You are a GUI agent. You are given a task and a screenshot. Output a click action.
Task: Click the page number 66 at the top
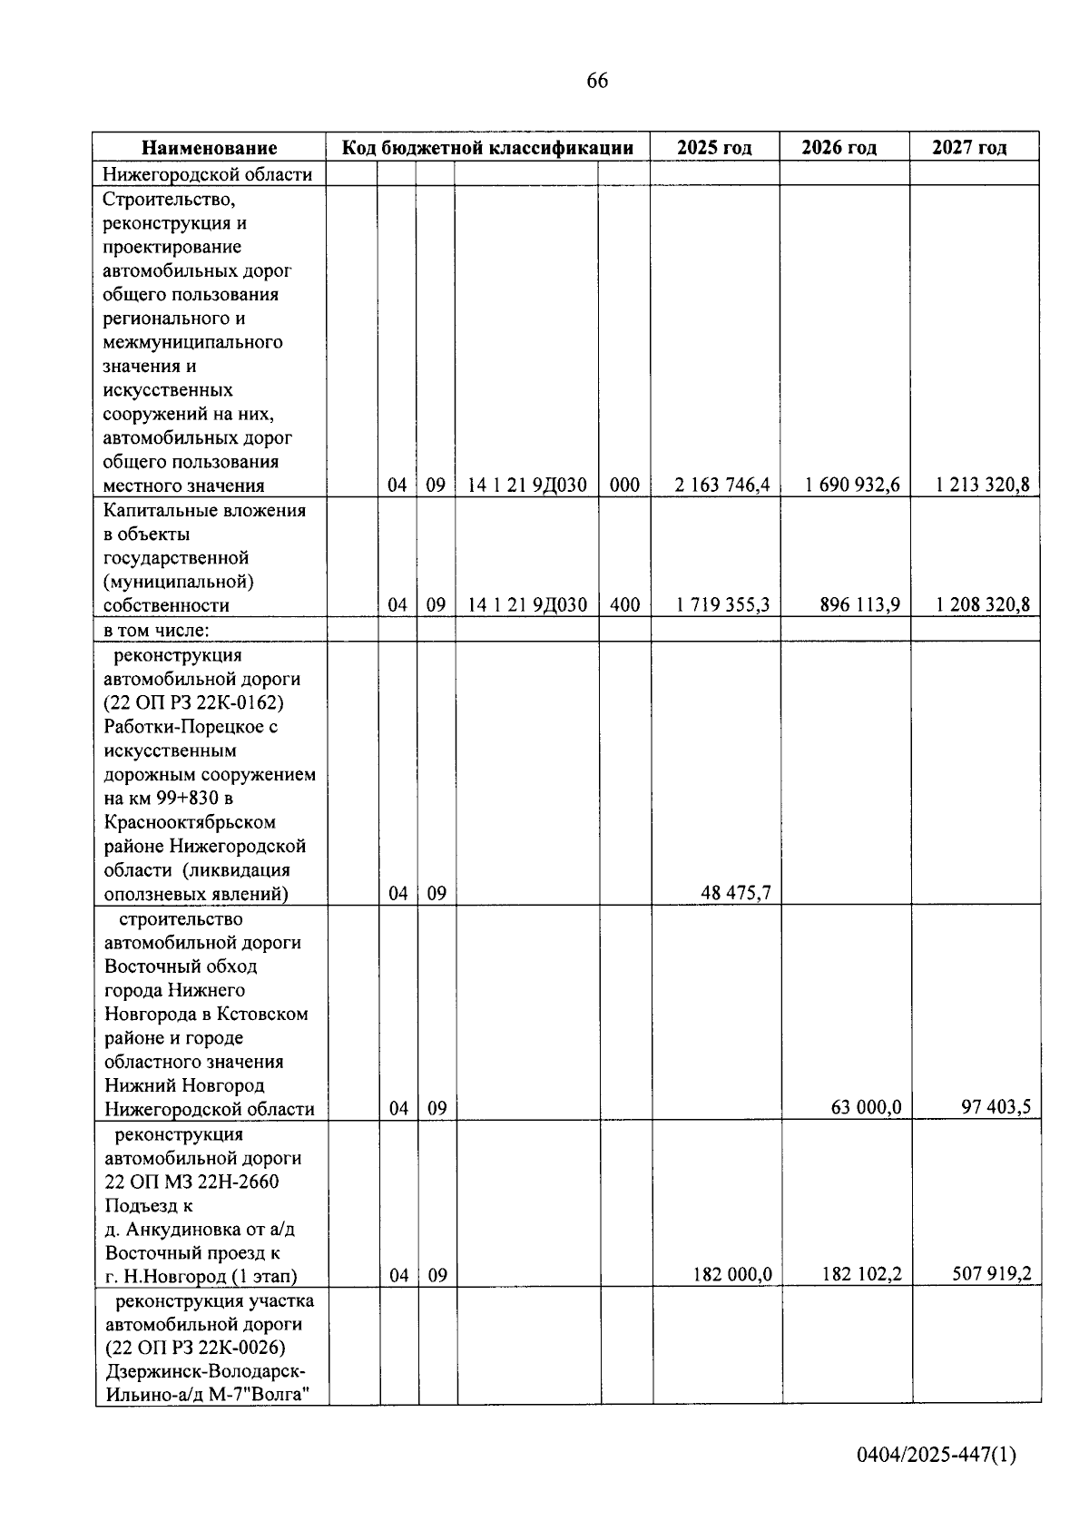pyautogui.click(x=597, y=81)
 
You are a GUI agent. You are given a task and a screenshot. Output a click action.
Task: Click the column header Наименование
pyautogui.click(x=210, y=148)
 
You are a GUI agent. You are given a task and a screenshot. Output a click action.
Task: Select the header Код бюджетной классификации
pyautogui.click(x=487, y=148)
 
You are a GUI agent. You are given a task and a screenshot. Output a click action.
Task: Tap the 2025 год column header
pyautogui.click(x=714, y=148)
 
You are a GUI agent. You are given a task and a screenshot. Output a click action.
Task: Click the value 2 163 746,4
pyautogui.click(x=722, y=486)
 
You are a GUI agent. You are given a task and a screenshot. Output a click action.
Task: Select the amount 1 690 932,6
pyautogui.click(x=852, y=486)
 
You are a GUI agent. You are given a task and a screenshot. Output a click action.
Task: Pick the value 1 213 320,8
pyautogui.click(x=983, y=486)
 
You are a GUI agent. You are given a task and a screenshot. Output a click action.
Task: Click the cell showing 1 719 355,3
pyautogui.click(x=722, y=605)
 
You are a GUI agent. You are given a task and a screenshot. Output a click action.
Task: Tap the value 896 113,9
pyautogui.click(x=859, y=605)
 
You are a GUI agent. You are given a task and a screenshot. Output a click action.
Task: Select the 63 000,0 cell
pyautogui.click(x=866, y=1108)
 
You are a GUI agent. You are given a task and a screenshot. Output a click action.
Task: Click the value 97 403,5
pyautogui.click(x=996, y=1108)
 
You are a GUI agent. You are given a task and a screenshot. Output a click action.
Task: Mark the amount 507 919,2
pyautogui.click(x=991, y=1275)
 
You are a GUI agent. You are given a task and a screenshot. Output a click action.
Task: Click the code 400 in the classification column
pyautogui.click(x=624, y=605)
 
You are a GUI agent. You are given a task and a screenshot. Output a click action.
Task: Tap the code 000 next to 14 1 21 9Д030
pyautogui.click(x=624, y=486)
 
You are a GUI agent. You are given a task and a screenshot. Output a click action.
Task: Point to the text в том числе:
pyautogui.click(x=158, y=630)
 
